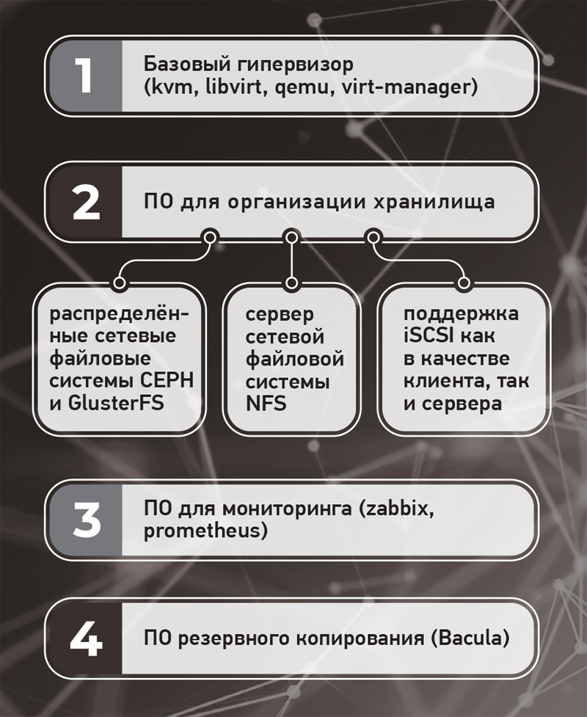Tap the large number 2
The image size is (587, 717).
[x=86, y=202]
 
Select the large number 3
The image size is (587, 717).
[x=87, y=520]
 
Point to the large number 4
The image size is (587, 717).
[x=86, y=638]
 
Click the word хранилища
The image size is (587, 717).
[x=434, y=202]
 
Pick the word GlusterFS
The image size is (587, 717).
[x=116, y=403]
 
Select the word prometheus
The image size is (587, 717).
[x=202, y=531]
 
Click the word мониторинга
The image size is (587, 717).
[x=288, y=509]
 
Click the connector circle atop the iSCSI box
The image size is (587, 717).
[x=464, y=283]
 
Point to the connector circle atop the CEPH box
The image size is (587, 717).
[x=120, y=283]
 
